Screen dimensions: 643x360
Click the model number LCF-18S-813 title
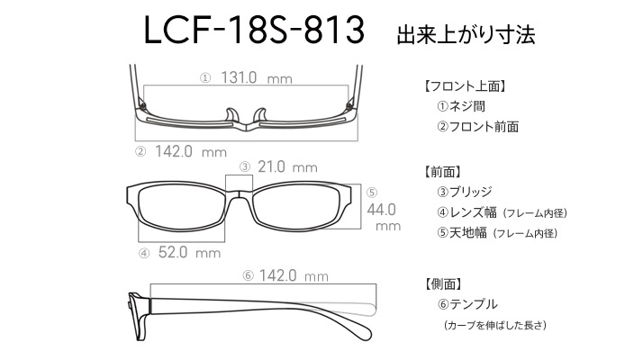point(254,30)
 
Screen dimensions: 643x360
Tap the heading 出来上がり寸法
point(466,34)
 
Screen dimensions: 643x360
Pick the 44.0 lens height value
point(381,210)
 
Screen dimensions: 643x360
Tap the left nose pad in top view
point(231,115)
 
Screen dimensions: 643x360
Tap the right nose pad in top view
point(260,115)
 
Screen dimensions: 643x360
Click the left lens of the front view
point(181,207)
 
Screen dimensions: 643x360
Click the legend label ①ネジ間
point(461,106)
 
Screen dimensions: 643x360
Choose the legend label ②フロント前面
point(477,127)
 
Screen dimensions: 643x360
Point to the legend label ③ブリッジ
point(465,192)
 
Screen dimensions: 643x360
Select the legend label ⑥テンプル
point(467,304)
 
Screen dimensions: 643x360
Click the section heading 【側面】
point(443,283)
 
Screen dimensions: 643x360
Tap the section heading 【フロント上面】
point(465,86)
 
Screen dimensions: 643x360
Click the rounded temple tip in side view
point(363,330)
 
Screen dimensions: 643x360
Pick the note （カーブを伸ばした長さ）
point(495,325)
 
